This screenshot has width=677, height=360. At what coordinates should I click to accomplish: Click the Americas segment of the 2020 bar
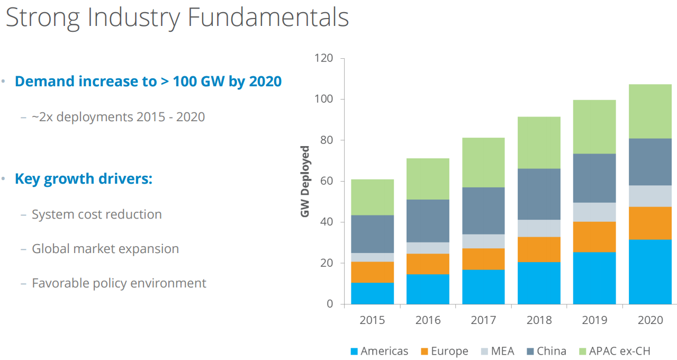pyautogui.click(x=650, y=272)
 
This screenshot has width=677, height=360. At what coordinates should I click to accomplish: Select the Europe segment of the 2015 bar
pyautogui.click(x=372, y=272)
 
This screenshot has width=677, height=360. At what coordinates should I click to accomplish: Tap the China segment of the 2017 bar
pyautogui.click(x=483, y=211)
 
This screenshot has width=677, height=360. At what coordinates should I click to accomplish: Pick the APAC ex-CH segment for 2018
pyautogui.click(x=539, y=143)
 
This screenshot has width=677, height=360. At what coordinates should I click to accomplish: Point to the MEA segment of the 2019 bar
pyautogui.click(x=594, y=212)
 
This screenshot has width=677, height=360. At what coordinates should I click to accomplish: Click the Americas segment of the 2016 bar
pyautogui.click(x=428, y=289)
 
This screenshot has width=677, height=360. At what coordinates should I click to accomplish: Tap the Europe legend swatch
pyautogui.click(x=425, y=352)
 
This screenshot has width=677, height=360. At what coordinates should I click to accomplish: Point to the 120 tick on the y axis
pyautogui.click(x=323, y=58)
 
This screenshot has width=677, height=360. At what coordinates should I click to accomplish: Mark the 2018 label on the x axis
pyautogui.click(x=539, y=320)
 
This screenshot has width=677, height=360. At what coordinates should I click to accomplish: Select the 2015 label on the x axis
pyautogui.click(x=372, y=320)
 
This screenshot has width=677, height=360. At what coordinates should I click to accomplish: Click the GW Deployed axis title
pyautogui.click(x=305, y=181)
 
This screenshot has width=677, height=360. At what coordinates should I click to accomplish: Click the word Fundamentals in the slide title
pyautogui.click(x=268, y=17)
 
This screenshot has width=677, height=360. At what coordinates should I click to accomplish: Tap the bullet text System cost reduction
pyautogui.click(x=97, y=214)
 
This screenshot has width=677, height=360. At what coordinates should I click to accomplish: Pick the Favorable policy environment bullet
pyautogui.click(x=119, y=283)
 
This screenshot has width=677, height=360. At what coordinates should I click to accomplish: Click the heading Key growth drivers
pyautogui.click(x=84, y=179)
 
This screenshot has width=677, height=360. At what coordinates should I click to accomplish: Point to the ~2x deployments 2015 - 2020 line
pyautogui.click(x=118, y=117)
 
